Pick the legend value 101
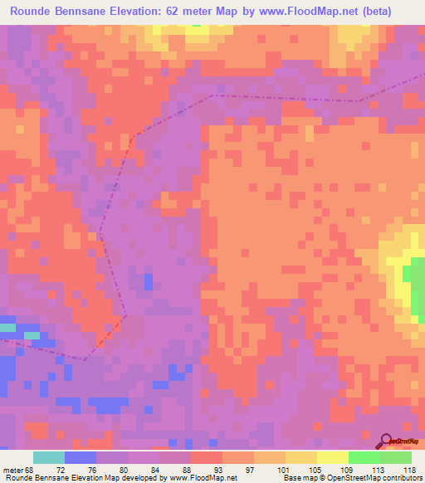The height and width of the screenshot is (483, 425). pos(285,469)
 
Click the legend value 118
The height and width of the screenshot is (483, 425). pos(409,469)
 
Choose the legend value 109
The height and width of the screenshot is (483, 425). pos(346,469)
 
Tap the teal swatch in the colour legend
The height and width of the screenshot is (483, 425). pos(49,457)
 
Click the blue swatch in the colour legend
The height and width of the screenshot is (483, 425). pos(81,457)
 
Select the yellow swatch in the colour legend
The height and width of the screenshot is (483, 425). pos(332,457)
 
